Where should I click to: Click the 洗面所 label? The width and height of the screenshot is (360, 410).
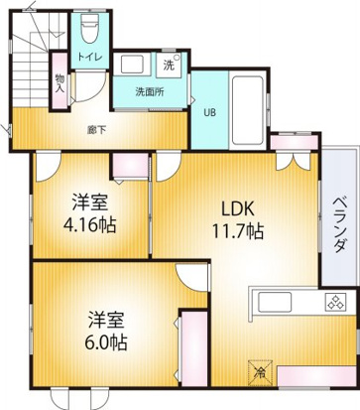[150, 92]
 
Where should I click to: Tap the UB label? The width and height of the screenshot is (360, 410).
[209, 111]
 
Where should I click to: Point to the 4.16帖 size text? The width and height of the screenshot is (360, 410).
[88, 223]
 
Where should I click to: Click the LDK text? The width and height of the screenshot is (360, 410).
[239, 209]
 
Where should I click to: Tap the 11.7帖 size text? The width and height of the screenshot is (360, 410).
[237, 232]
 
